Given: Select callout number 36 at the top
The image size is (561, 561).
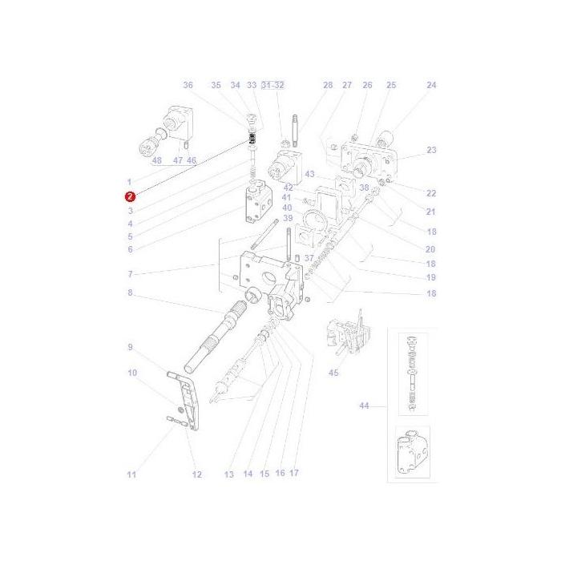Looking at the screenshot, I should (x=188, y=86).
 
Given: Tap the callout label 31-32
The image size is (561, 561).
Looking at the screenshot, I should (x=273, y=86).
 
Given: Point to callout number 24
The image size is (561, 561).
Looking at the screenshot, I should (x=431, y=86).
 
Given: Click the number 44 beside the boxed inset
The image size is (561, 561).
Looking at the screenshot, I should (x=364, y=406).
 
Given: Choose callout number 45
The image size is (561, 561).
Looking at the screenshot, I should (x=334, y=373).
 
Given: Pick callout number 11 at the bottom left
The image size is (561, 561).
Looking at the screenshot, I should (x=131, y=474).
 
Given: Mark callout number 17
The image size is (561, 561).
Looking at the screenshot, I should (x=294, y=474).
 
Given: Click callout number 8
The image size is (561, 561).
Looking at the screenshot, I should (x=130, y=293).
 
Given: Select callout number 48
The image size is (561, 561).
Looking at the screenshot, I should (x=157, y=160).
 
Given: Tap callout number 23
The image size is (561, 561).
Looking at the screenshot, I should (x=431, y=150).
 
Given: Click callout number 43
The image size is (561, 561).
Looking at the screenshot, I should (x=310, y=174).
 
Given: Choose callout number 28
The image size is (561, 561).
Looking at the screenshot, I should (x=328, y=86).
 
